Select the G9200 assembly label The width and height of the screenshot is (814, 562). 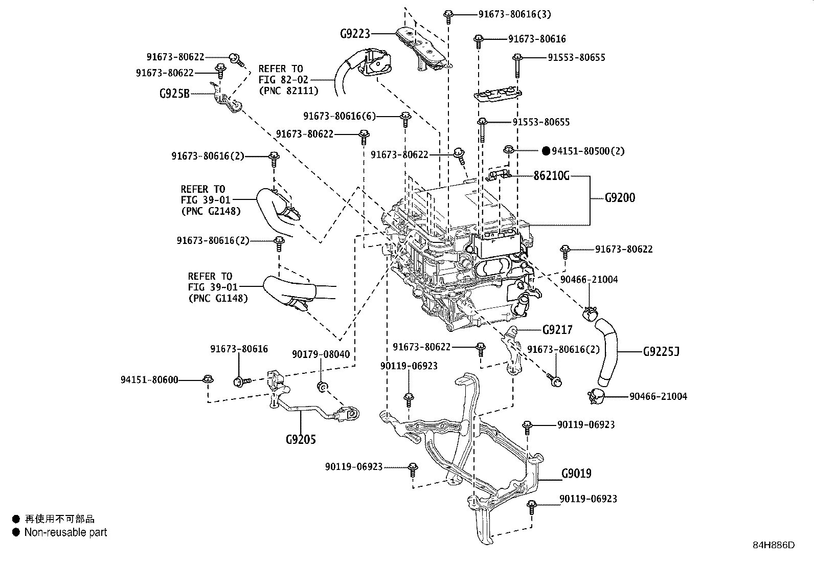[x=620, y=198]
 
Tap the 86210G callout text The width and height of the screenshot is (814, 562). [x=551, y=176]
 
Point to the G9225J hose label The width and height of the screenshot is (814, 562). [x=661, y=352]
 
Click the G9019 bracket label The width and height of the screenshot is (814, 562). [x=576, y=474]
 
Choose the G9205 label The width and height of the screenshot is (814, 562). [x=301, y=439]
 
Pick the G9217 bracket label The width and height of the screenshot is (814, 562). [x=557, y=329]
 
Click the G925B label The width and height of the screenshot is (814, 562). [x=174, y=94]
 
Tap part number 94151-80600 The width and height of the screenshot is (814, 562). [x=149, y=379]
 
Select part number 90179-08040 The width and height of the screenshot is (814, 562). [x=321, y=354]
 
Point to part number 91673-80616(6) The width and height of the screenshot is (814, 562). [x=339, y=117]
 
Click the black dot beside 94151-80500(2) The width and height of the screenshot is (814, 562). [x=546, y=151]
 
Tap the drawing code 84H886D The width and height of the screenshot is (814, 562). [x=773, y=545]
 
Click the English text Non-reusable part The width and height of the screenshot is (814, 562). [x=66, y=532]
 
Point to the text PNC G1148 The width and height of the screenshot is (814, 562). [x=218, y=298]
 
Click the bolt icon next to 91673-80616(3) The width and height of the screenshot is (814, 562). [x=448, y=15]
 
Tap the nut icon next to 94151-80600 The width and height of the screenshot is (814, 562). [x=208, y=379]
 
